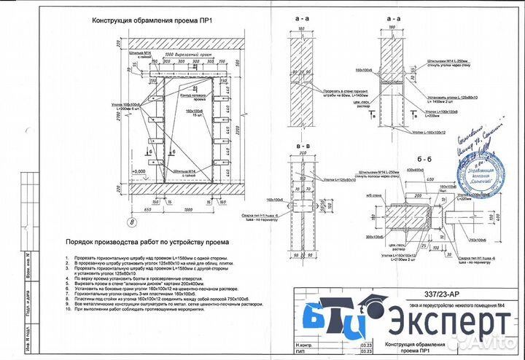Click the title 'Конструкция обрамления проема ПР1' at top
click(150, 20)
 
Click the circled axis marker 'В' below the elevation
click(132, 222)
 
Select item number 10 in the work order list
click(68, 310)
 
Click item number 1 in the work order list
click(68, 259)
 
